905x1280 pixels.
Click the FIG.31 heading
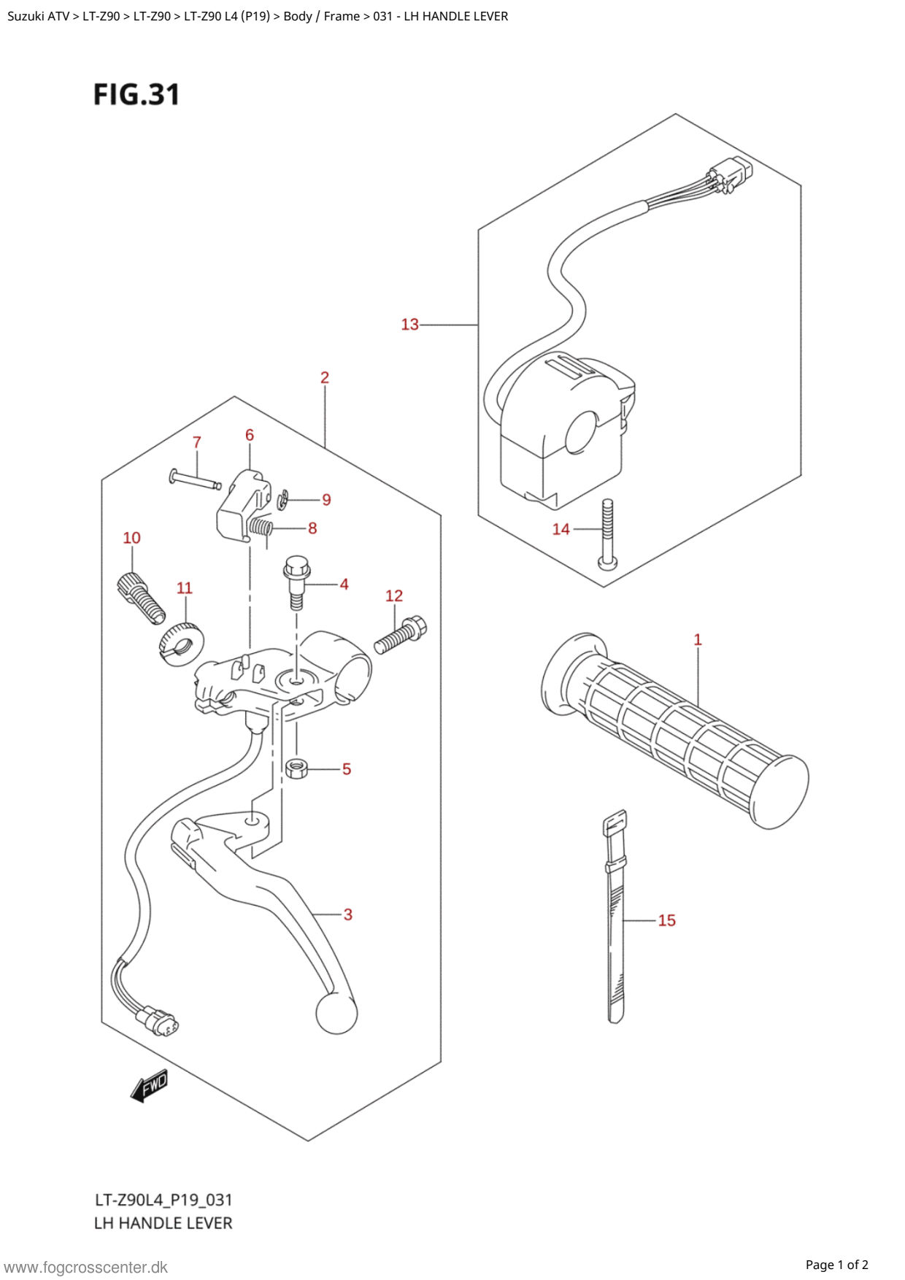pyautogui.click(x=136, y=94)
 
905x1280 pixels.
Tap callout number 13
pyautogui.click(x=410, y=324)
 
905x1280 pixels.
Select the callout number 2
pyautogui.click(x=325, y=377)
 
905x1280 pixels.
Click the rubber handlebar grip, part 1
pyautogui.click(x=675, y=730)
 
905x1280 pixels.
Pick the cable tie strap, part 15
pyautogui.click(x=615, y=917)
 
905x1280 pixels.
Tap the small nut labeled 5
pyautogui.click(x=296, y=768)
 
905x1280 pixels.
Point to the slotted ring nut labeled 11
pyautogui.click(x=182, y=644)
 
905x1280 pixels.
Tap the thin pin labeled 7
pyautogui.click(x=195, y=479)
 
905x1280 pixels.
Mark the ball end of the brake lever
pyautogui.click(x=336, y=1012)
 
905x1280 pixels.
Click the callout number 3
pyautogui.click(x=348, y=914)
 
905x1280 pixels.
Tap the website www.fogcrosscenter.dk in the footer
pyautogui.click(x=86, y=1268)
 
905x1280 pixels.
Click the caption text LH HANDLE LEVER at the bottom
pyautogui.click(x=163, y=1223)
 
